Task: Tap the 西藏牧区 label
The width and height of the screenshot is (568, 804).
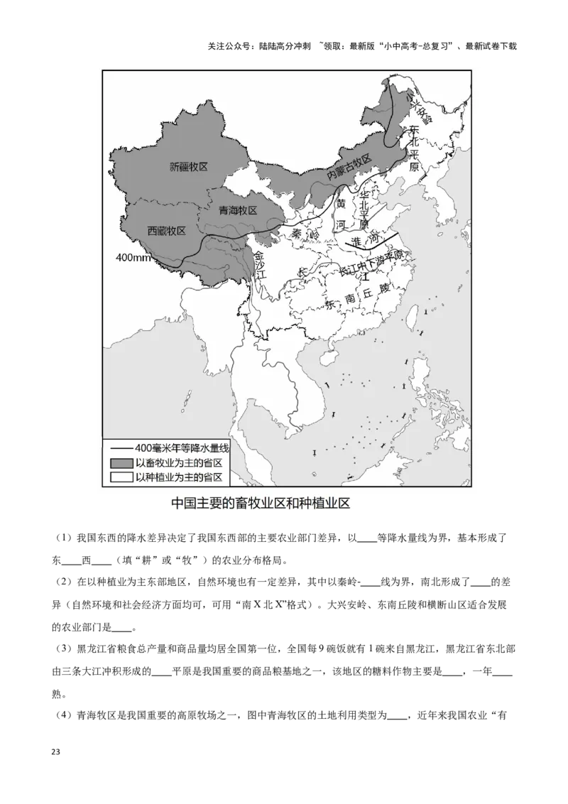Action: pyautogui.click(x=166, y=231)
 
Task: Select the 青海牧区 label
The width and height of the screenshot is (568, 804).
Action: pyautogui.click(x=237, y=210)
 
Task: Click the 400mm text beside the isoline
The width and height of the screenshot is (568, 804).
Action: pyautogui.click(x=133, y=257)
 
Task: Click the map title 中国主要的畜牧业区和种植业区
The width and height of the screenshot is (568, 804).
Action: pyautogui.click(x=261, y=503)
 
